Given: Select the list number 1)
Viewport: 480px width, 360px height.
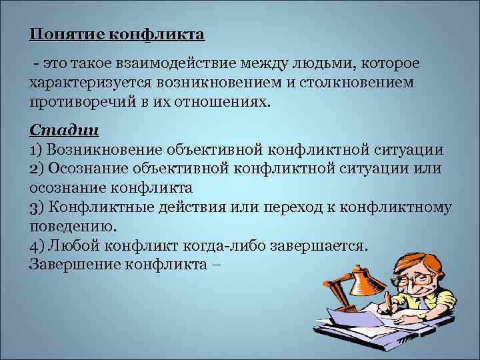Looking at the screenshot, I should point(37,149).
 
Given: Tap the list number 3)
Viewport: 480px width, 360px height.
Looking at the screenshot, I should point(37,207).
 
